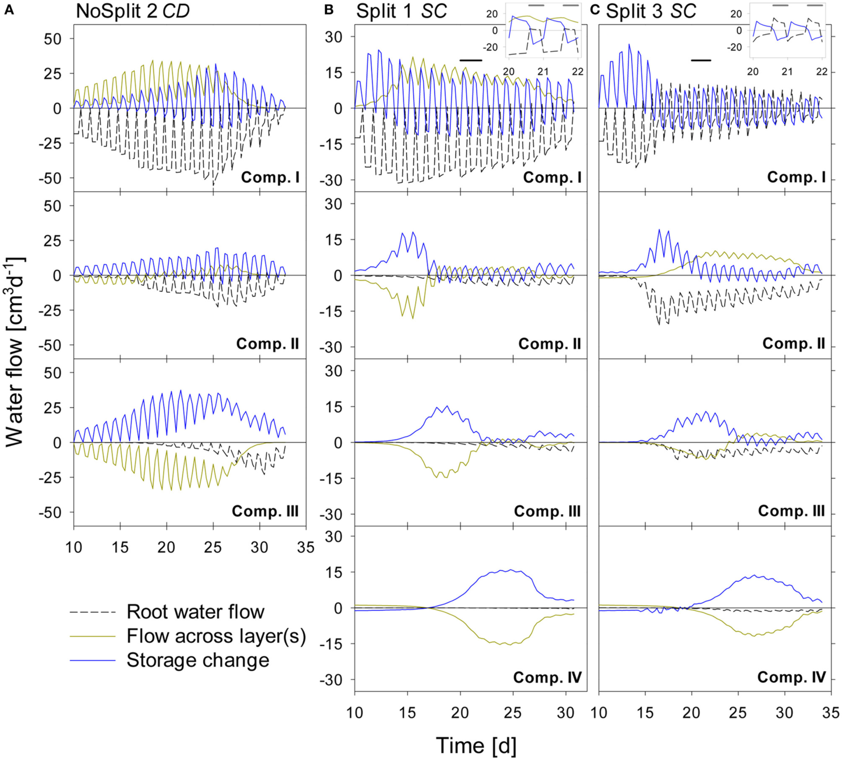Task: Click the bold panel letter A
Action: (9, 10)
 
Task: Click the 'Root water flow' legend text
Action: (195, 612)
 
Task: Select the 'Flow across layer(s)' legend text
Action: (216, 636)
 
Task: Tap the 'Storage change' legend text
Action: (198, 660)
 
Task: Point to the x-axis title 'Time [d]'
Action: (476, 745)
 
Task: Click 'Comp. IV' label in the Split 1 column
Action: (547, 677)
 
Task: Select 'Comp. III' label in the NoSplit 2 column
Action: (265, 511)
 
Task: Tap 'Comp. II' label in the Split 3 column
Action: (793, 344)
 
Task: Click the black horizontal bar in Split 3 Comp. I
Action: (701, 60)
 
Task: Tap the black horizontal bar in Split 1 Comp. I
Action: (471, 60)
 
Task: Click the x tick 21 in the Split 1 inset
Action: (543, 72)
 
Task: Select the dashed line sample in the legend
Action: (92, 612)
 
